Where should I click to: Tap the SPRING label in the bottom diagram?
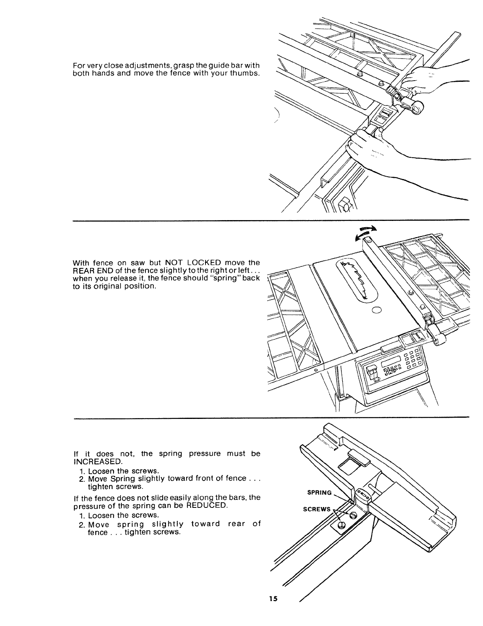coord(319,492)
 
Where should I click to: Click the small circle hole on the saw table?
coord(376,309)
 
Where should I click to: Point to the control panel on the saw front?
coord(391,367)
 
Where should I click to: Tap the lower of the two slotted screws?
coord(341,524)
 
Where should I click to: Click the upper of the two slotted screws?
coord(354,514)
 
